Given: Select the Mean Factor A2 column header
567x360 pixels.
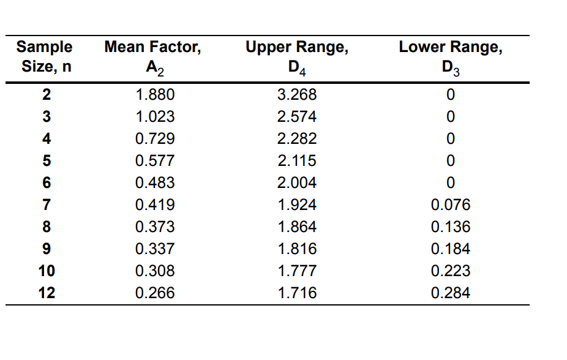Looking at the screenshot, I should tap(152, 57).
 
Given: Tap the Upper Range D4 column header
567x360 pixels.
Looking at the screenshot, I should tap(297, 57).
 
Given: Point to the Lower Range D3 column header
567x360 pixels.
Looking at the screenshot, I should tap(451, 57).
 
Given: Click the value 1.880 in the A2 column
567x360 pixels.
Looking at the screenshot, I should tap(154, 95).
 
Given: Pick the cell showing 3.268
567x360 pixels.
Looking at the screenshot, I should tap(297, 95).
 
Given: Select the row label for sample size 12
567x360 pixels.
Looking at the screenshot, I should tap(47, 293).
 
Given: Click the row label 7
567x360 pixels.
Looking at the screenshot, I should tap(47, 205).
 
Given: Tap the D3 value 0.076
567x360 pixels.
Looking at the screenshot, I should tap(451, 205).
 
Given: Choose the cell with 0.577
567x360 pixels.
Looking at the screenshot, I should tap(154, 161).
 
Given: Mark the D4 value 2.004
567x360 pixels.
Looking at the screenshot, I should tap(297, 183).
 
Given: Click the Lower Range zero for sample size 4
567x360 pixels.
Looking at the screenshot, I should tap(451, 139).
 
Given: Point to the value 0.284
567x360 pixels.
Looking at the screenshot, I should tap(451, 293).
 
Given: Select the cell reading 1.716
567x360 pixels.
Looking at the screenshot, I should tap(297, 293).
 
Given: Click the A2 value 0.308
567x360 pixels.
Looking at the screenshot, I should tap(154, 271).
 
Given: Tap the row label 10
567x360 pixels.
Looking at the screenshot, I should tap(47, 271).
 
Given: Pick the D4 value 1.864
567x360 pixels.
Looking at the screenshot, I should tap(297, 227).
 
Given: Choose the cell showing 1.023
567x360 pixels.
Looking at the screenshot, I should tap(154, 117).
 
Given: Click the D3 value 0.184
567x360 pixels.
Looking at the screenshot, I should tap(451, 249).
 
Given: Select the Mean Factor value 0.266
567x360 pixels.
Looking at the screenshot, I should tap(154, 293).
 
